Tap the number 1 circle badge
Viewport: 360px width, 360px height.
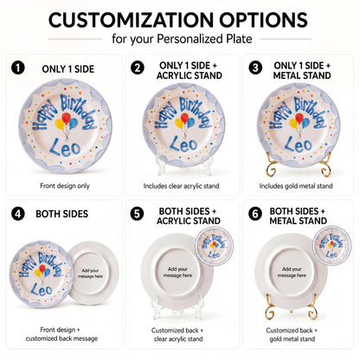18,68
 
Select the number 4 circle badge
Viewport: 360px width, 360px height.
18,214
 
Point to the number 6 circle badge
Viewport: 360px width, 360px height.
255,214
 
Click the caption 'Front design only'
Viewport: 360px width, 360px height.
65,186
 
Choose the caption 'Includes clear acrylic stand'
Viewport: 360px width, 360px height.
181,186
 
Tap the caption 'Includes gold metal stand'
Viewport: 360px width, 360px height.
296,186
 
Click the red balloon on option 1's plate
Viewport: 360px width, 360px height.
67,118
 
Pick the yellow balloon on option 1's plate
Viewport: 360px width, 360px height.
60,125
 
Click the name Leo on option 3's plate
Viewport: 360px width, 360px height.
299,144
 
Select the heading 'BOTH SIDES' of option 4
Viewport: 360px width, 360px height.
61,214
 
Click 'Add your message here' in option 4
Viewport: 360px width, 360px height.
90,273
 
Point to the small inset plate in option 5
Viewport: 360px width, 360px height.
214,246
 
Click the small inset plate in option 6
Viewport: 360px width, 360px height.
331,246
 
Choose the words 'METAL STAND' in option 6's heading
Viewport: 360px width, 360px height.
298,221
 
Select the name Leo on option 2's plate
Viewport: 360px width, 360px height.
183,144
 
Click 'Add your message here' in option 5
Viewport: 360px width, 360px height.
177,273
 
